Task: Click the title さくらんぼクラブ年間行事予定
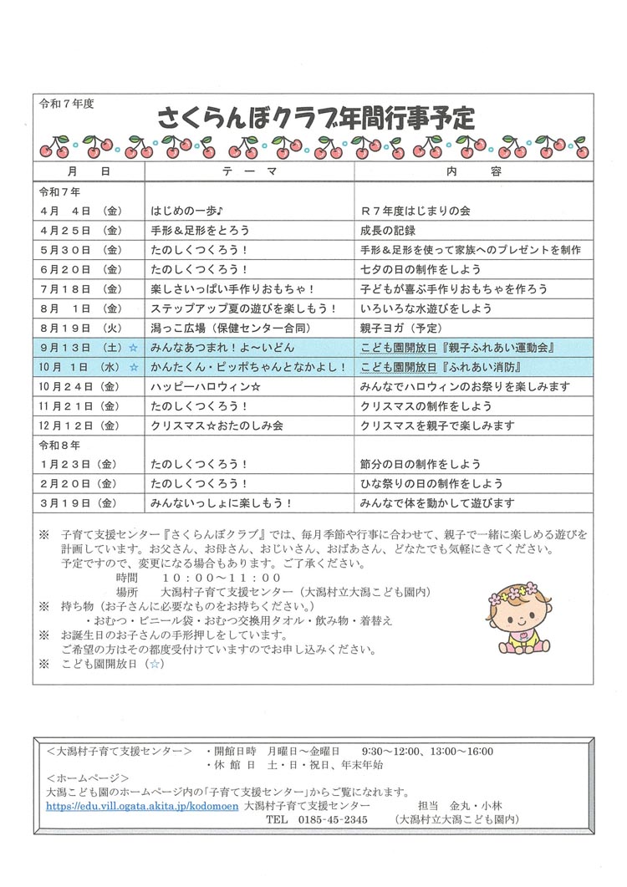coord(315,118)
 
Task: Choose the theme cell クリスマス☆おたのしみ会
coord(217,426)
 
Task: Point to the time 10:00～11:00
coord(222,578)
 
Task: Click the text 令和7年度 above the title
coord(67,104)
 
